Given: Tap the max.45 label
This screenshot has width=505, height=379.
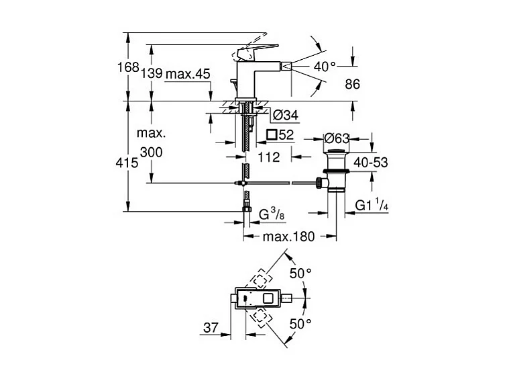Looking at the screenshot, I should tap(188, 73).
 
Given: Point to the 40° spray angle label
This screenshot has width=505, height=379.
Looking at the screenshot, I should tap(324, 66).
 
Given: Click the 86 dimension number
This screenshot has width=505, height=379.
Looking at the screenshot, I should tap(352, 84).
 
